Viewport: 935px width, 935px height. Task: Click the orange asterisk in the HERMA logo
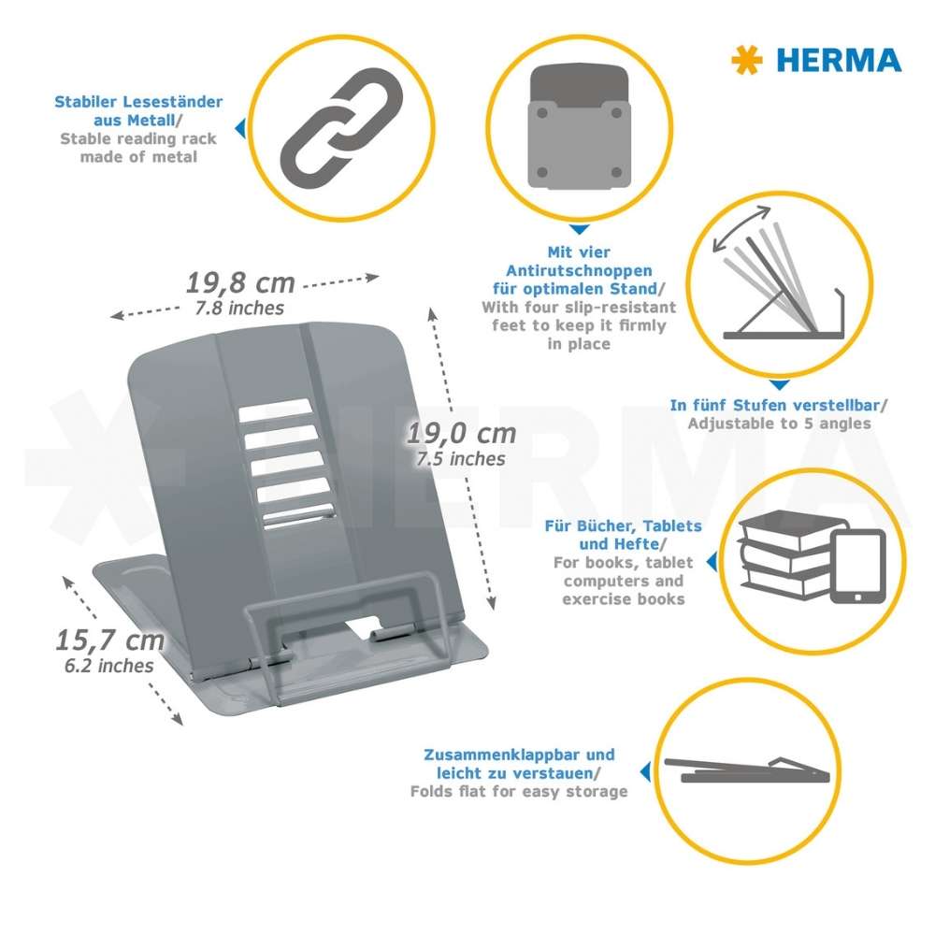(x=746, y=60)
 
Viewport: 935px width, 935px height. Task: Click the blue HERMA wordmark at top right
(x=839, y=60)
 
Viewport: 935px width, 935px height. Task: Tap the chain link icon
(x=341, y=127)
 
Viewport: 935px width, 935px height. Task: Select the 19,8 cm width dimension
(x=240, y=282)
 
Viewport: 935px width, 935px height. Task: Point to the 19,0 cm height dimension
(x=461, y=434)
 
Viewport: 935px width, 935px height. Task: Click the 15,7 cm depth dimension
(x=109, y=640)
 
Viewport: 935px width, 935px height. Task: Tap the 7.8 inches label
(x=239, y=308)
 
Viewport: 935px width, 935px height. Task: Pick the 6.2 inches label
(x=109, y=666)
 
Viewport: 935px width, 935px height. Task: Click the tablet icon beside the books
(x=858, y=567)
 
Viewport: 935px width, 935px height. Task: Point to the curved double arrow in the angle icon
(x=741, y=229)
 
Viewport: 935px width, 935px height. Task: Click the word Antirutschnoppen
(x=579, y=271)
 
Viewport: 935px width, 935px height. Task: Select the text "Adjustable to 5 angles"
(x=780, y=424)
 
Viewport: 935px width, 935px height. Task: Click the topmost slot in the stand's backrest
(x=276, y=410)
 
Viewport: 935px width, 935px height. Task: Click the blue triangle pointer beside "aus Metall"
(x=240, y=128)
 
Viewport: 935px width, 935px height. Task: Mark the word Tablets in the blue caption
(x=672, y=525)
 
